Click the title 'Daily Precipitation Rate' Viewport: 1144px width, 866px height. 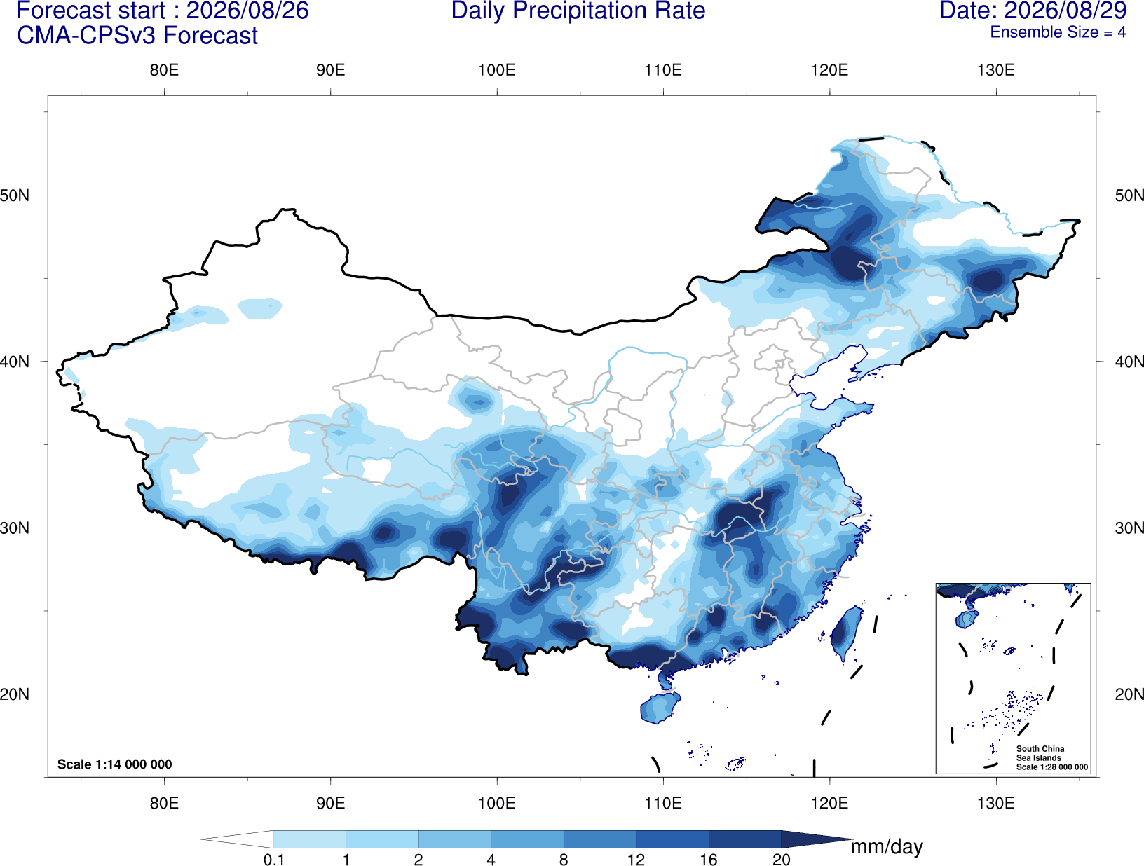coord(578,11)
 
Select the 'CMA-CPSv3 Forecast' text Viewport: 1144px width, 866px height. coord(137,36)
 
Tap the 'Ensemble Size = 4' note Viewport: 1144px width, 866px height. coord(1058,32)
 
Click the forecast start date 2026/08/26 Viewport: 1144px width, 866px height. coord(247,11)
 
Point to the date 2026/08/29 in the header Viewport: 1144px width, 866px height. coord(1065,11)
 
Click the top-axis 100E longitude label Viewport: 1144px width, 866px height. coord(497,70)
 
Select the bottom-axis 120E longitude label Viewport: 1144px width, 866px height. coord(829,802)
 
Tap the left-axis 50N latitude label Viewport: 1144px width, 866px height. coord(15,195)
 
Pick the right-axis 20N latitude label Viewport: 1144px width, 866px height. coord(1129,694)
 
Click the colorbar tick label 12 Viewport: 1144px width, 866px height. coord(636,859)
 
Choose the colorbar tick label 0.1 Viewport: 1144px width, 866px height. coord(273,859)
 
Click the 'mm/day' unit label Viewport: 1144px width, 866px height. coord(887,847)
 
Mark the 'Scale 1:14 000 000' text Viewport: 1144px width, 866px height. coord(115,764)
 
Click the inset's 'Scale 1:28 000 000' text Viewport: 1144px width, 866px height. coord(1051,767)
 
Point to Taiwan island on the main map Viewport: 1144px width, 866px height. coord(844,632)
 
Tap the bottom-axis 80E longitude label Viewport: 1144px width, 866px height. coord(164,802)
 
